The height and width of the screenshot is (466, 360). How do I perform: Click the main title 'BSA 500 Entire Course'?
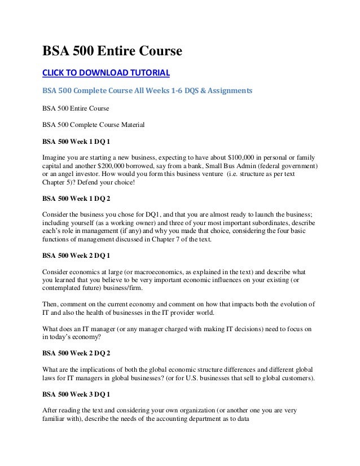tap(112, 52)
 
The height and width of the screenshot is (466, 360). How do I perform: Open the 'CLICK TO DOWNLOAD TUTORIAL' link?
tap(106, 73)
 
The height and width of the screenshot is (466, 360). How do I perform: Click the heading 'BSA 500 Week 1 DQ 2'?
tap(76, 198)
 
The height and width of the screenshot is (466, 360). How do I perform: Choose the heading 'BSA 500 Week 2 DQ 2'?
tap(76, 354)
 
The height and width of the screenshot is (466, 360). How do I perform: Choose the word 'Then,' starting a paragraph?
tap(52, 304)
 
